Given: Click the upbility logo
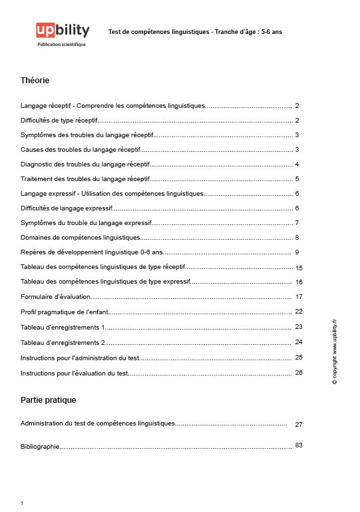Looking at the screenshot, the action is click(63, 31).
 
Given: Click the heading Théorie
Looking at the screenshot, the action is click(35, 81).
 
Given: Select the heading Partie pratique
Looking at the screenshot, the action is click(49, 400).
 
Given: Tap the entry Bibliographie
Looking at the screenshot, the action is click(41, 447).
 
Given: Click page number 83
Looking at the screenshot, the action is click(299, 445).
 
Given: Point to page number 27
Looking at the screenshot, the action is click(299, 424).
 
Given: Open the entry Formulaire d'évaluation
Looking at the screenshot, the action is click(55, 296).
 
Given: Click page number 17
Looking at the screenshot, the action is click(299, 297).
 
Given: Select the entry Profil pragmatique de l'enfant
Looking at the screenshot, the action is click(64, 311).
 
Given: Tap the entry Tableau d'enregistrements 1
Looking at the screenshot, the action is click(63, 327).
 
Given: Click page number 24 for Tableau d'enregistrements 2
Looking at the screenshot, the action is click(299, 342).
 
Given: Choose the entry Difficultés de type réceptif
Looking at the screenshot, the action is click(59, 121).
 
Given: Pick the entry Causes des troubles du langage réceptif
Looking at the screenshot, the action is click(81, 150).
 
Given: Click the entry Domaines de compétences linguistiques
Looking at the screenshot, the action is click(81, 238).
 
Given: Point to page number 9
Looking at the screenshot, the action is click(297, 252).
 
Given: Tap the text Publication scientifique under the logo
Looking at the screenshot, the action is click(62, 45).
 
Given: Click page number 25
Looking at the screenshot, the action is click(299, 358).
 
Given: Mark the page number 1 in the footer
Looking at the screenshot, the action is click(22, 503).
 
